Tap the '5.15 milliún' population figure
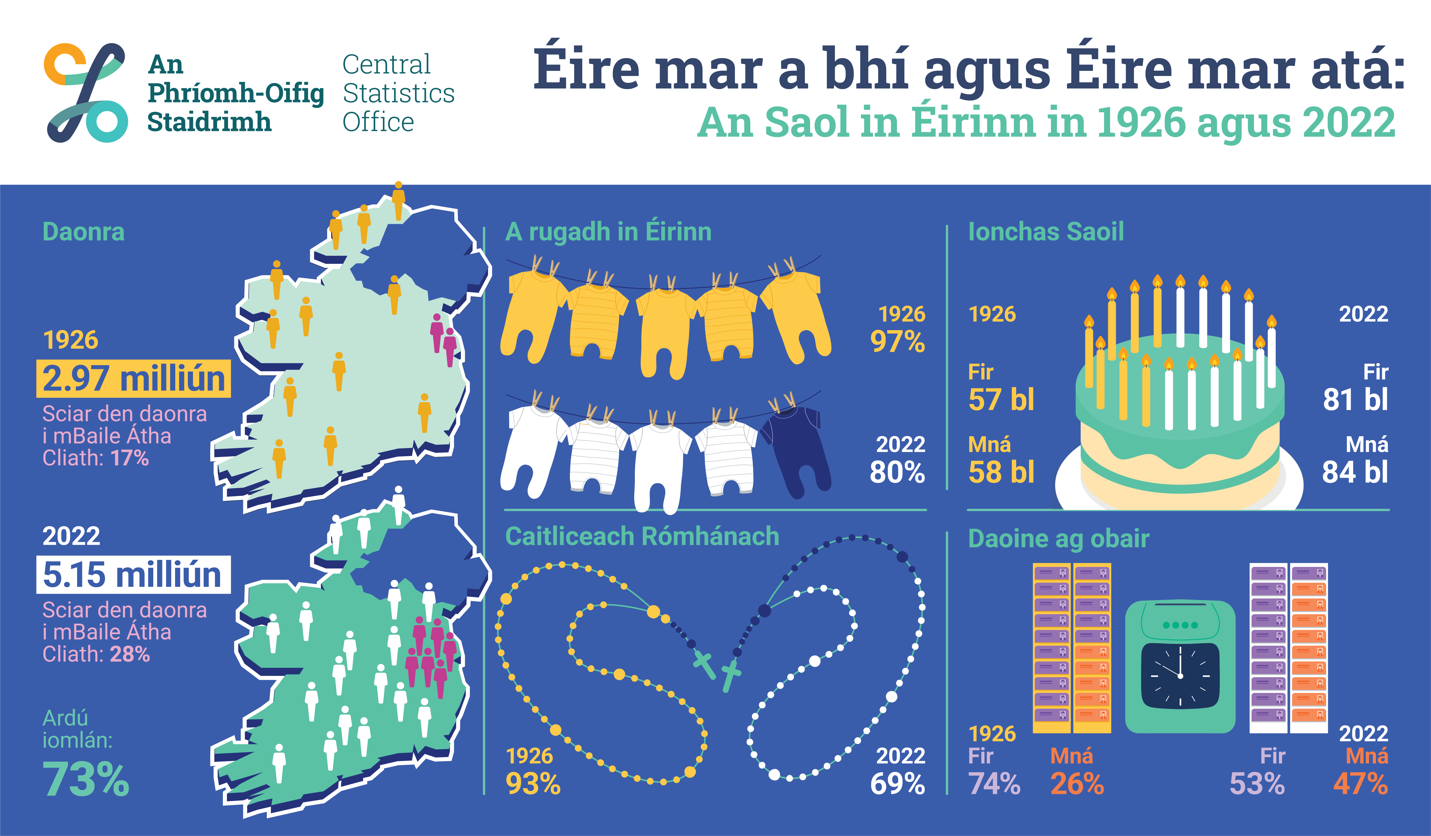pyautogui.click(x=133, y=575)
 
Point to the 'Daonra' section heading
pyautogui.click(x=84, y=232)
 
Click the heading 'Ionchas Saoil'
pyautogui.click(x=1046, y=232)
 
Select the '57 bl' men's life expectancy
pyautogui.click(x=1001, y=399)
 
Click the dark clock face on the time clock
pyautogui.click(x=1180, y=676)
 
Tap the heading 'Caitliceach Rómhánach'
pyautogui.click(x=642, y=537)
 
